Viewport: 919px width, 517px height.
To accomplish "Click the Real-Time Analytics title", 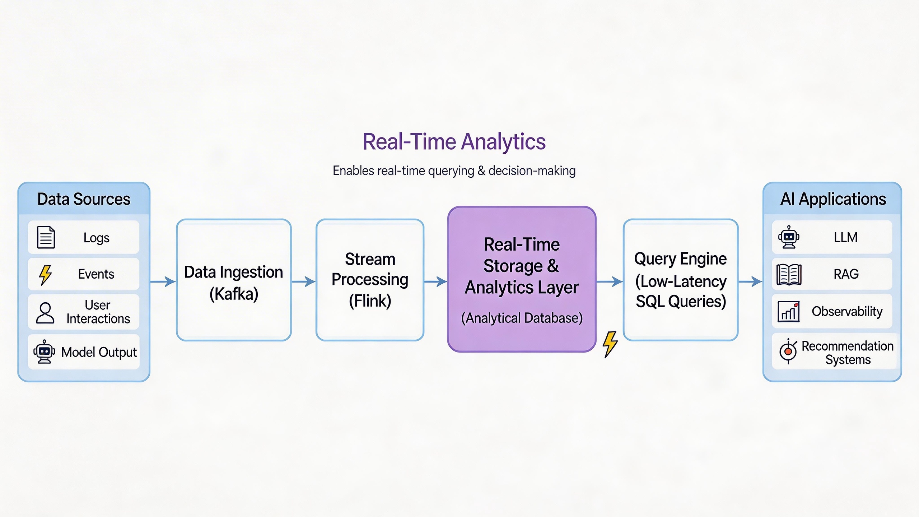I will [x=454, y=141].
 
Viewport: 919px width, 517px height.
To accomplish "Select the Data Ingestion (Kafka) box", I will [x=234, y=280].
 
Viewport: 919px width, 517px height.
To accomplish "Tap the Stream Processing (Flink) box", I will [x=370, y=280].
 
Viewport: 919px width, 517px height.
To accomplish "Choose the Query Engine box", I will [x=681, y=280].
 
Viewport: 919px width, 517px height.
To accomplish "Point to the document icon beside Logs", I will [x=46, y=237].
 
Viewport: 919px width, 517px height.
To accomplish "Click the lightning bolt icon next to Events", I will [x=45, y=275].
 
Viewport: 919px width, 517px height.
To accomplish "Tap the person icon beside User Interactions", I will [x=45, y=312].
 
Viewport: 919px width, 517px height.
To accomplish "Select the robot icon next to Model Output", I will [x=44, y=352].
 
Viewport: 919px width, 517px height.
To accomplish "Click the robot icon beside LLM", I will [x=789, y=237].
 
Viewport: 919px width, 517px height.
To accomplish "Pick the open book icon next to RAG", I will [x=789, y=275].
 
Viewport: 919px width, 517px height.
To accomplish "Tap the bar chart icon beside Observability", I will [x=788, y=311].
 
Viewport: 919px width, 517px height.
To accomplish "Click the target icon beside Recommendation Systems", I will [x=788, y=351].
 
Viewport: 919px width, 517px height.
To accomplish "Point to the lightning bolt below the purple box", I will [x=610, y=344].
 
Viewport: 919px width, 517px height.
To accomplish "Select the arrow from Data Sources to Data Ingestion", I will [x=163, y=281].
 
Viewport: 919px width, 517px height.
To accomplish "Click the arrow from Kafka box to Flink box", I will [x=303, y=281].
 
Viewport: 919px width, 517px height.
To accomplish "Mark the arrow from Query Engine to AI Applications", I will [x=750, y=281].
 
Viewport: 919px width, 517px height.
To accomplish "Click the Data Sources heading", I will [x=84, y=199].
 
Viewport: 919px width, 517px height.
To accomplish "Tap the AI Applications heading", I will [x=833, y=199].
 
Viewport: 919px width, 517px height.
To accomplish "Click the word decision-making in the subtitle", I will [x=532, y=171].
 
